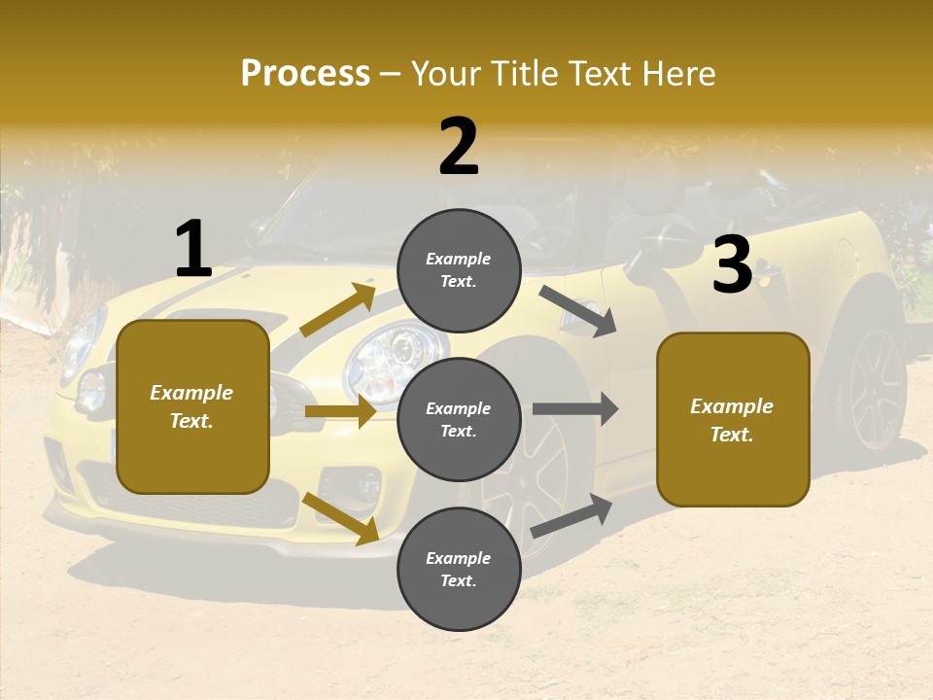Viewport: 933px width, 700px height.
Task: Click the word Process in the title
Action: (305, 74)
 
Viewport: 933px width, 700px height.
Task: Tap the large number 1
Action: (193, 249)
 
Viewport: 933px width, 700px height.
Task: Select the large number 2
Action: (459, 147)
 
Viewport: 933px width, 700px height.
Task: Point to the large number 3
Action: (732, 264)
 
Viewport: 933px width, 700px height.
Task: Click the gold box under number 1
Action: (192, 406)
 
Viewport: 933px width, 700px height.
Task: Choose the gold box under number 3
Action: (733, 419)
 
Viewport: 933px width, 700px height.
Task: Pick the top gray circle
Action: (459, 270)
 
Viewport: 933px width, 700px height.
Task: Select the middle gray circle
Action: (459, 419)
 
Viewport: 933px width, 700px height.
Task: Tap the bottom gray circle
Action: (459, 569)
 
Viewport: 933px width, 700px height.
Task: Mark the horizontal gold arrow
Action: (340, 411)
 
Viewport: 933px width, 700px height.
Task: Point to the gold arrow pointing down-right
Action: (341, 518)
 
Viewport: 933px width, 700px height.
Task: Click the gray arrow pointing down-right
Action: (578, 311)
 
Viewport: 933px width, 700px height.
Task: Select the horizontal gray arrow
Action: (574, 409)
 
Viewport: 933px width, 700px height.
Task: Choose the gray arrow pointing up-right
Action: (571, 515)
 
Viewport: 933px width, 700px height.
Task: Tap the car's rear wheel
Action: (875, 389)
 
